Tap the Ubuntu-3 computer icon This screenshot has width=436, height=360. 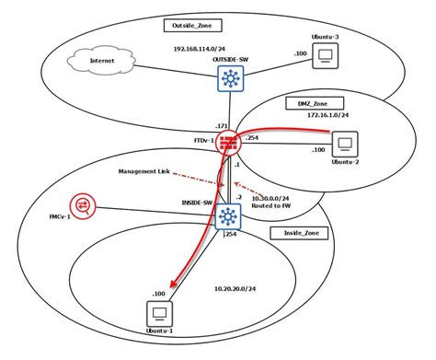[325, 58]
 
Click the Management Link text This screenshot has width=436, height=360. [145, 171]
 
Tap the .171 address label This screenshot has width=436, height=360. [221, 123]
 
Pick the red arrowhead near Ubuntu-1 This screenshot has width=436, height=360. [175, 288]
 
